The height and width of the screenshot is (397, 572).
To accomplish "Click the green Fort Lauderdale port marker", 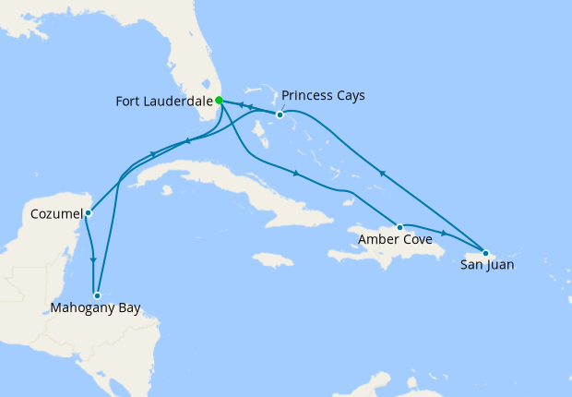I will [219, 101].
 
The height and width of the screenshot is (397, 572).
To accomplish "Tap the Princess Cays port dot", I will [280, 115].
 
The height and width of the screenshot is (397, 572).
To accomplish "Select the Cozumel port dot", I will [88, 213].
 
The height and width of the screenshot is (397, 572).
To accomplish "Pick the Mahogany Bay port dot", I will [97, 295].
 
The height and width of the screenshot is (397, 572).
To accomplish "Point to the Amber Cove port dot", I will [399, 227].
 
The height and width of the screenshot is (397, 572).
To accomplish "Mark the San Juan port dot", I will [485, 252].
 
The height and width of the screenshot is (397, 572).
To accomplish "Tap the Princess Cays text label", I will [323, 95].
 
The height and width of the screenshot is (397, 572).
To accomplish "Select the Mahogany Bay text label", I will [97, 308].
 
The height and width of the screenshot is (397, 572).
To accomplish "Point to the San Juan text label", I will [486, 266].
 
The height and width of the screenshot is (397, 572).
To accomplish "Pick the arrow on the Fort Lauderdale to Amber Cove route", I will [295, 174].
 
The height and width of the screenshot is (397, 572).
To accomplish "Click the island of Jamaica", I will [270, 259].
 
